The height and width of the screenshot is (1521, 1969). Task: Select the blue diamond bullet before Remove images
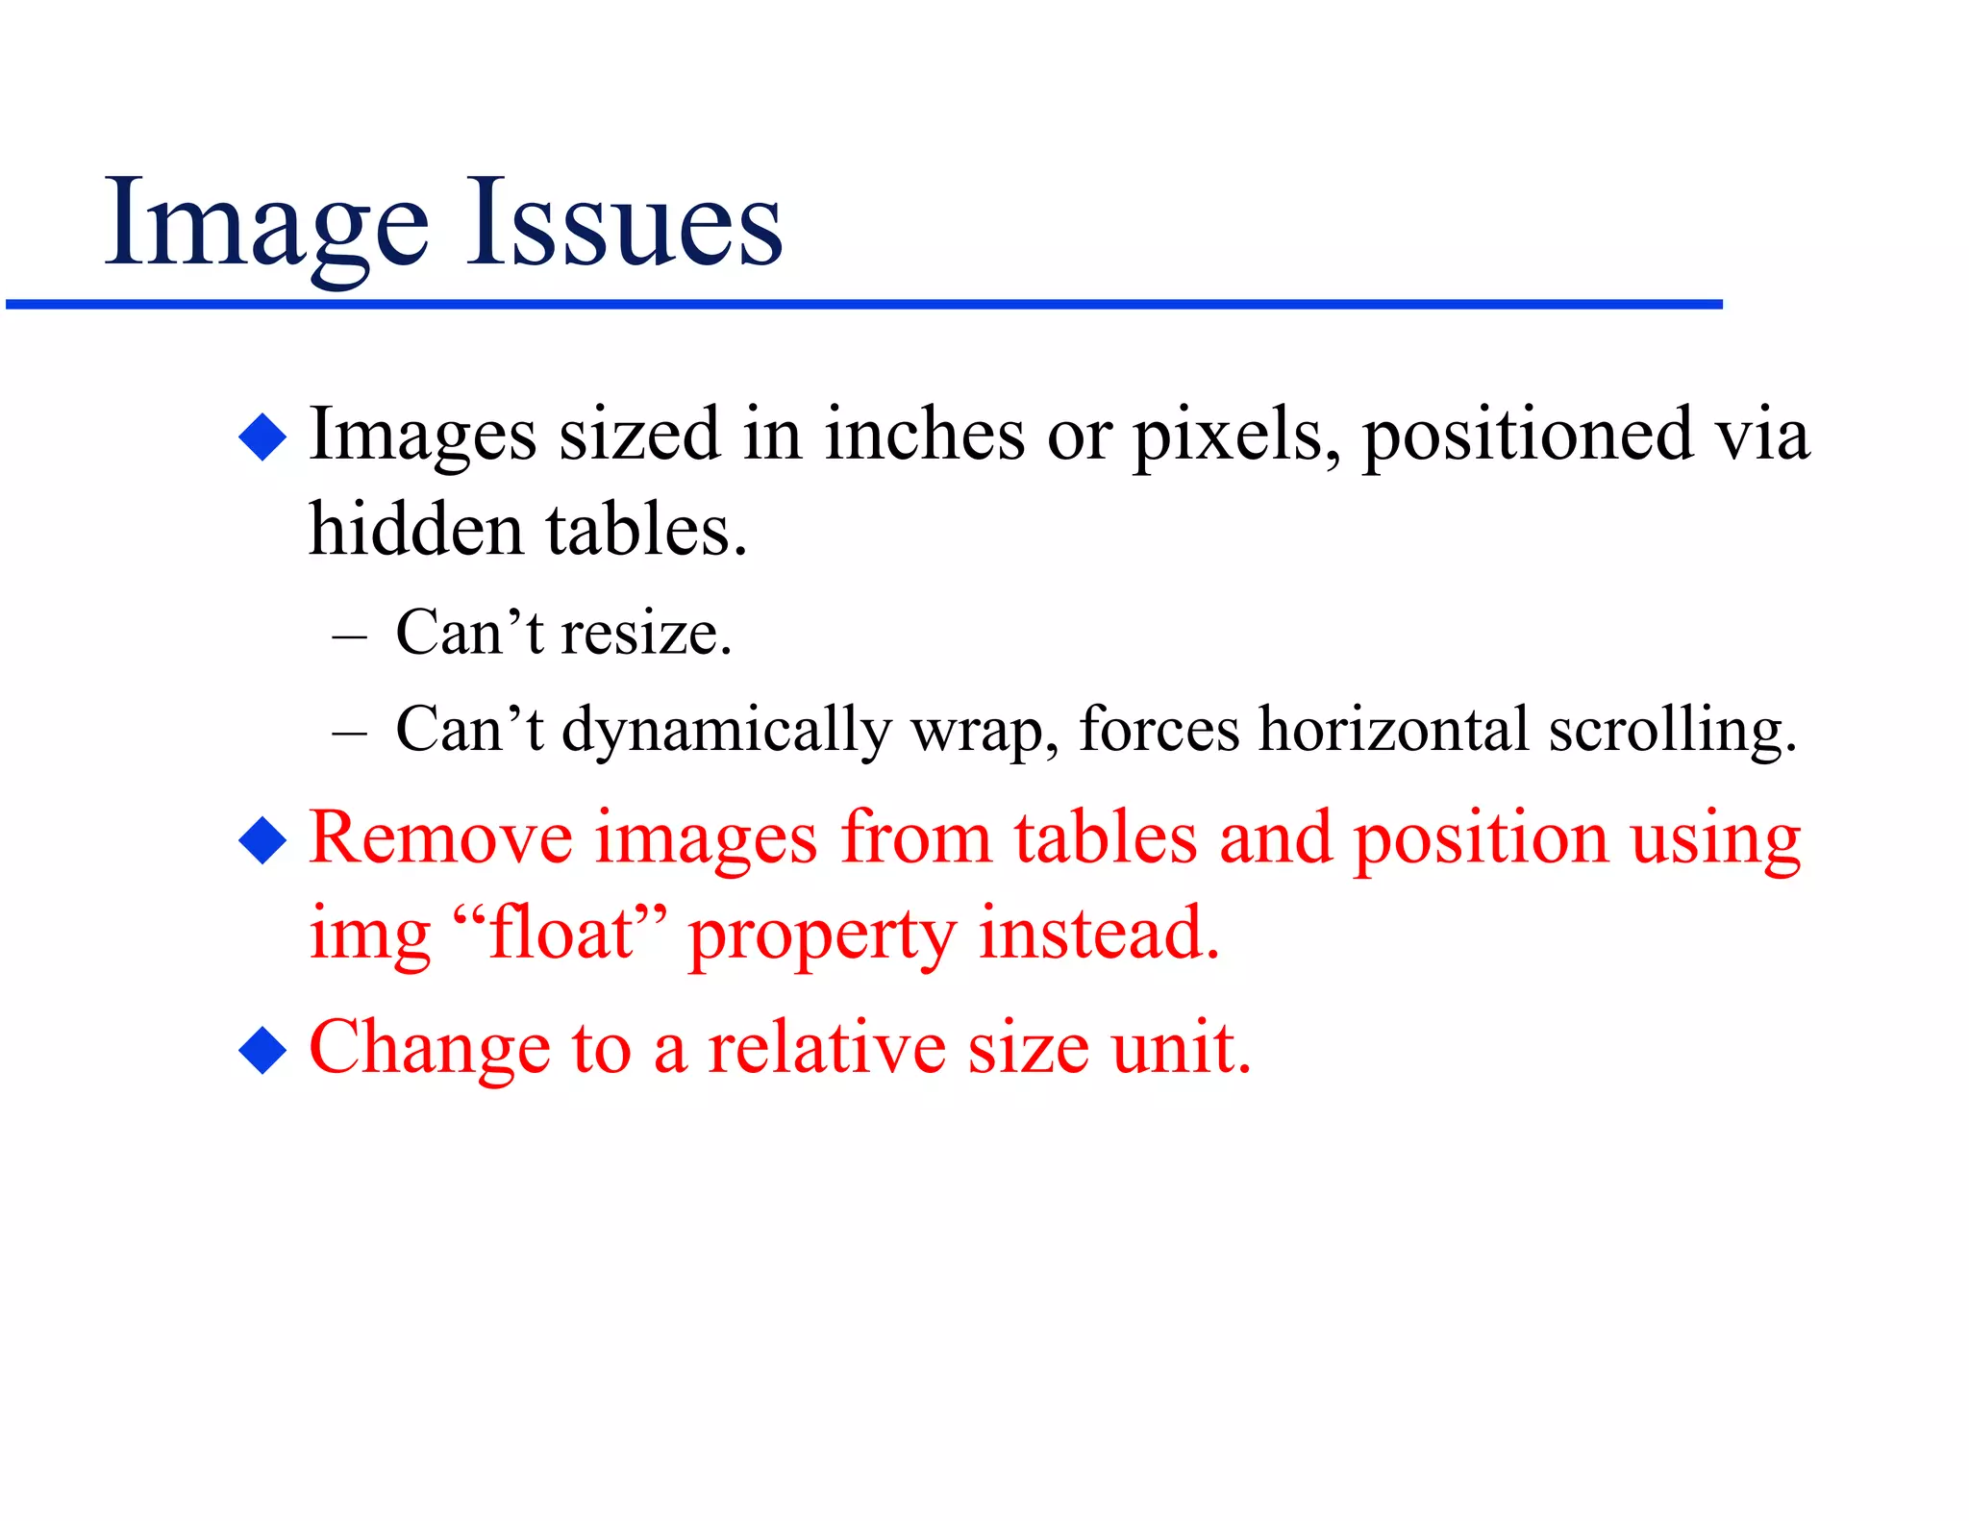262,840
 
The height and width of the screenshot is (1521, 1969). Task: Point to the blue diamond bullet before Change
262,1050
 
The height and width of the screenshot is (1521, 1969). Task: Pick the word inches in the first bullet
925,435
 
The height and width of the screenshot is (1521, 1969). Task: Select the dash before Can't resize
349,636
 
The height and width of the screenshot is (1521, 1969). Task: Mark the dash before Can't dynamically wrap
349,733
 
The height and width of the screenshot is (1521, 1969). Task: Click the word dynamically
726,731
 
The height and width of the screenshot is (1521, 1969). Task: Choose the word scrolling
1672,731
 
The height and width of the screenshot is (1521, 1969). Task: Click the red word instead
1098,933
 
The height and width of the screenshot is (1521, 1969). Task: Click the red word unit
1181,1048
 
